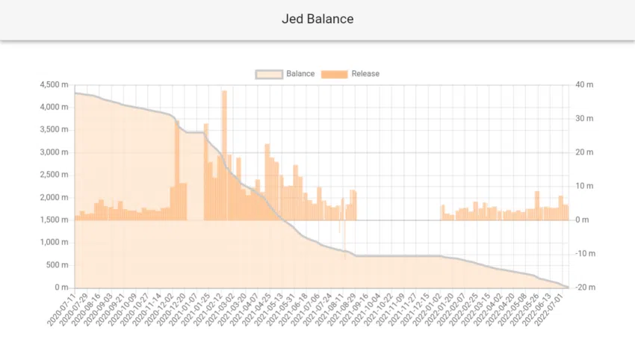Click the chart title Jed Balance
coord(317,19)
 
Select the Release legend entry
coord(350,74)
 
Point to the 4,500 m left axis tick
coord(52,84)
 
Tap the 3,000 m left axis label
coord(52,152)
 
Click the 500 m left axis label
coord(57,265)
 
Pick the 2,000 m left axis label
coord(52,197)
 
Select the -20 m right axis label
coord(583,288)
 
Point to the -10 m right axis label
coord(583,254)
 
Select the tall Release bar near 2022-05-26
coord(537,205)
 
